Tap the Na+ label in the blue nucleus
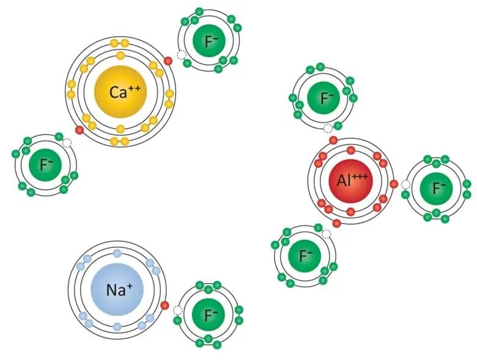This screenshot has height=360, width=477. pos(117,290)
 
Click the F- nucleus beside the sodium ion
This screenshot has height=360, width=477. pos(211,315)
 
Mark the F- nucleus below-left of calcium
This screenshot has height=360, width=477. pos(45,164)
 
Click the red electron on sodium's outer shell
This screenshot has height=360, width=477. pos(165,306)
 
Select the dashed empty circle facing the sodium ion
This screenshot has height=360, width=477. pos(177,310)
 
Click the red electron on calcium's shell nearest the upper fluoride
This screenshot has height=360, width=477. pos(168,61)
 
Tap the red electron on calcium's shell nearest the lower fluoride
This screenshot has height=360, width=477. pos(79,130)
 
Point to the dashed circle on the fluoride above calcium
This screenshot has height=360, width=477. pos(181,55)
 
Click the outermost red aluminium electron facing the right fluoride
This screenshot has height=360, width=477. pos(394,183)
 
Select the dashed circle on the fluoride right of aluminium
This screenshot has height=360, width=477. pos(405,184)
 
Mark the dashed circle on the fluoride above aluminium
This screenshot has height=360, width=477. pos(329,127)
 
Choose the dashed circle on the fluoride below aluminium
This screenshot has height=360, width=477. pos(327,233)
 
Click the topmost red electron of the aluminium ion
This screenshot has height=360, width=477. pos(333,141)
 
